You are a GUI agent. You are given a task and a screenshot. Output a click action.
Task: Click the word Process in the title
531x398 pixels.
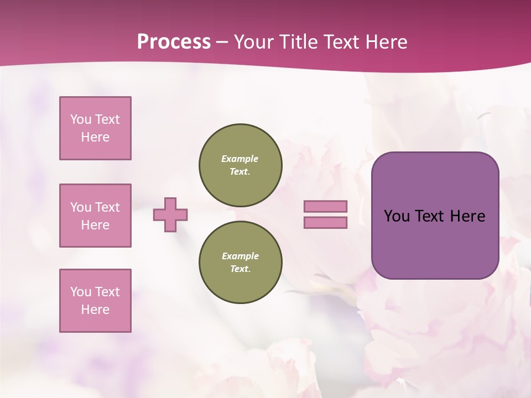[174, 42]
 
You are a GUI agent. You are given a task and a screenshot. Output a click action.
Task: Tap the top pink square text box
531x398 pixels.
[95, 128]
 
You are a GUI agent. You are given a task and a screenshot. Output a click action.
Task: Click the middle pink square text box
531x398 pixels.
[95, 216]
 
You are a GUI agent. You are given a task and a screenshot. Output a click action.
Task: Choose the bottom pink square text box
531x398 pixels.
[95, 301]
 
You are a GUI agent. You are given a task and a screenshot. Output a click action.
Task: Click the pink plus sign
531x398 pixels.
[170, 214]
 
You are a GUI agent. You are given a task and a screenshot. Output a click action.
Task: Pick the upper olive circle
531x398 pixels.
[240, 165]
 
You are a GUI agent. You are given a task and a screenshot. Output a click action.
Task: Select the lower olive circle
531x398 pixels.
[240, 263]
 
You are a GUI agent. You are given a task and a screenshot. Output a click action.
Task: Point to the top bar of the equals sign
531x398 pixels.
[325, 206]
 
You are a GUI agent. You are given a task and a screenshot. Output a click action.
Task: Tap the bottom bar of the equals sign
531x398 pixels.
[325, 223]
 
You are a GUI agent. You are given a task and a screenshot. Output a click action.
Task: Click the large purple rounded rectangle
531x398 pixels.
[435, 243]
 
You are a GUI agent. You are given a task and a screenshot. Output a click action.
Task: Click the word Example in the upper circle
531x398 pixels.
[240, 159]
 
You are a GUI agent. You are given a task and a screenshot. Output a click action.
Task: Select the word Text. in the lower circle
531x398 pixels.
[240, 269]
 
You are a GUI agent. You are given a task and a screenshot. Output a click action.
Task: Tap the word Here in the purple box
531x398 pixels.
[467, 216]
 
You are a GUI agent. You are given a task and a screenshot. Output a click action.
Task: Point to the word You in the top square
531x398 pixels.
[80, 119]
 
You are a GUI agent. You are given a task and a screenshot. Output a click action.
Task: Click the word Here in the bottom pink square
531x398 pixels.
[95, 310]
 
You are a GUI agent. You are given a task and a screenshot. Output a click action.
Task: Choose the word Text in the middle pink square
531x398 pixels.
[107, 207]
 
